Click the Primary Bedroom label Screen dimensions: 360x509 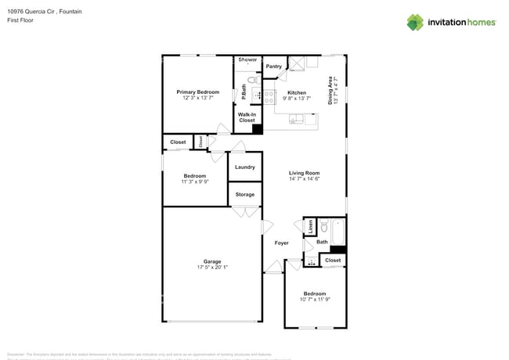(x=197, y=92)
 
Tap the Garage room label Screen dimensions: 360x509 (x=212, y=261)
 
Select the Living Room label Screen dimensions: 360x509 (x=304, y=173)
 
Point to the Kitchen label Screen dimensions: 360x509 (x=297, y=92)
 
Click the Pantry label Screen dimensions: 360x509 (x=273, y=67)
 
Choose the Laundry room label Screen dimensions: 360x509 (x=244, y=167)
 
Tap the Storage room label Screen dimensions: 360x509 (x=244, y=194)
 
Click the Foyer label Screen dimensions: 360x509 (x=281, y=243)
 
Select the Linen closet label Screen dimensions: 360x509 (x=310, y=227)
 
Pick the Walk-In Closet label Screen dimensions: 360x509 (x=247, y=117)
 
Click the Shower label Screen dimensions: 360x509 (x=247, y=59)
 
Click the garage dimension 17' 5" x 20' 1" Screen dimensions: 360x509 (x=212, y=268)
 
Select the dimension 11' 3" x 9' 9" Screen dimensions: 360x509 (x=194, y=182)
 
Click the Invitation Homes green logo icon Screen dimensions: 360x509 (x=414, y=22)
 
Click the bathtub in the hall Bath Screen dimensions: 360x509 (x=338, y=232)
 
